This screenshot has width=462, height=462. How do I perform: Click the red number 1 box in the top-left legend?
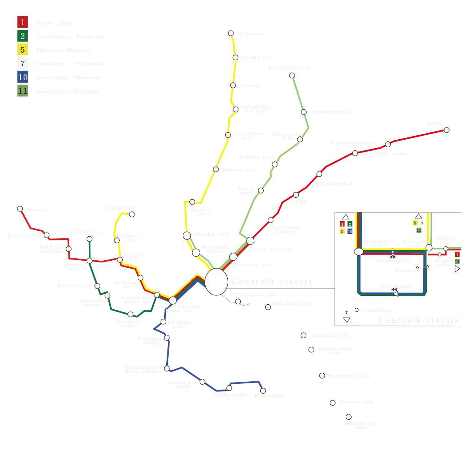pos(22,22)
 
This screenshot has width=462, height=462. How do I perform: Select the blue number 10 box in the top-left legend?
pos(22,77)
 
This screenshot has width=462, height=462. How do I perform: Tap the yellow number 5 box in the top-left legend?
pos(22,50)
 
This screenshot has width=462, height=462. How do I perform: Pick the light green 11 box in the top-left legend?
pos(22,91)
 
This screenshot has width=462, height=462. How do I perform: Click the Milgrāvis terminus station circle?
pos(231,33)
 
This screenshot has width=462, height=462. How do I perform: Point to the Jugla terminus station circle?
pos(447,130)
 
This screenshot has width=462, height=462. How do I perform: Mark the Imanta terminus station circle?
pos(20,209)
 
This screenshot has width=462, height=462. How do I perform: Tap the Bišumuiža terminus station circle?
pos(263,391)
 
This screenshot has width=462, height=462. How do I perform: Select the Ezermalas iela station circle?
pos(292,75)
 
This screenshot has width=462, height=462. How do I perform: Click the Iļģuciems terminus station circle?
pos(132,214)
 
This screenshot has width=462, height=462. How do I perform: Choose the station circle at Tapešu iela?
pos(90,239)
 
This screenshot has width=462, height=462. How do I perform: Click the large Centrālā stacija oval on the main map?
pos(216,282)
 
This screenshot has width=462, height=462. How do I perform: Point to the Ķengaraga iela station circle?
pos(322,376)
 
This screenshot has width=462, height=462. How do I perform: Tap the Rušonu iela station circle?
pos(332,403)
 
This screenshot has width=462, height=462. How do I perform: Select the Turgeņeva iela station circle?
pos(238,301)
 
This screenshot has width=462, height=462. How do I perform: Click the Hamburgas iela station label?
pos(332,112)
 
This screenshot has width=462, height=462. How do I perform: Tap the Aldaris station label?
pos(250,86)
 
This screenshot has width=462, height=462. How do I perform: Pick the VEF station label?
pos(301,202)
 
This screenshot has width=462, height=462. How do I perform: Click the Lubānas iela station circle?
pos(304,335)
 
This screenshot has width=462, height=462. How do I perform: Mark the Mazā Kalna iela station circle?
pos(268,307)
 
